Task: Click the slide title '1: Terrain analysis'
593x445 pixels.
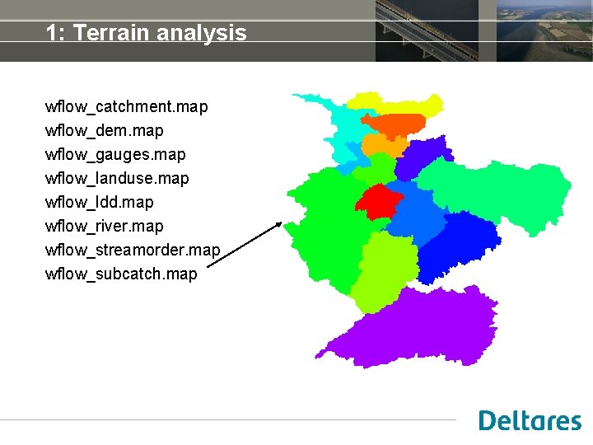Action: [x=146, y=33]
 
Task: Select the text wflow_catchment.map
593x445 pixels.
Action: [x=127, y=107]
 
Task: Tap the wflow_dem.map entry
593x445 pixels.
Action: [x=105, y=131]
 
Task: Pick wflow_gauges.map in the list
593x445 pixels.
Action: [x=115, y=155]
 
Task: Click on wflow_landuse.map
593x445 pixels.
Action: [x=117, y=179]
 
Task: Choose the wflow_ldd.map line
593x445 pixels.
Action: [x=99, y=203]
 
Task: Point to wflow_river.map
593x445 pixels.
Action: [x=105, y=227]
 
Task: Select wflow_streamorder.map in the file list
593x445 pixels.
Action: [x=133, y=251]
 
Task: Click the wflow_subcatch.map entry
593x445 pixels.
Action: [x=121, y=274]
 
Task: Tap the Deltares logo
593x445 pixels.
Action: [x=530, y=420]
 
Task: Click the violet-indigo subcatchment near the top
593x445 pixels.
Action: [x=423, y=157]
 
